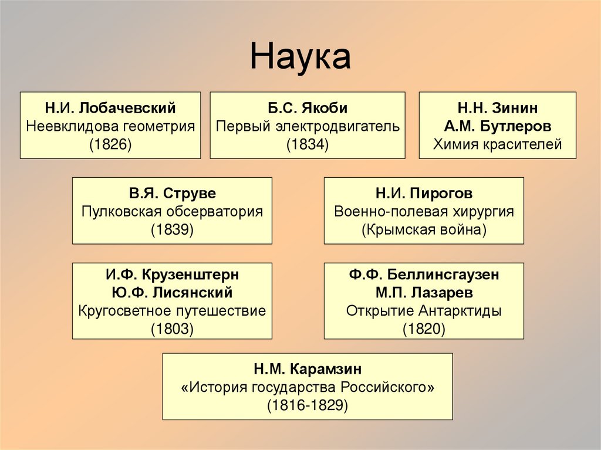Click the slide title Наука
300,57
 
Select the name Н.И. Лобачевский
110,108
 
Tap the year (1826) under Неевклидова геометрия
110,144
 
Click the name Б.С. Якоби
308,108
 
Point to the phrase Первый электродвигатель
308,126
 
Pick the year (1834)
308,144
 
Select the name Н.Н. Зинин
497,108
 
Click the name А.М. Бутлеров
497,126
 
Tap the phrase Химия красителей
497,144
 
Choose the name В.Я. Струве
172,193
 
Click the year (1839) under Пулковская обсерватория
172,229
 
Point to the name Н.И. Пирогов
424,193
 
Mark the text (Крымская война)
424,229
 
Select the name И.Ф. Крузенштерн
172,275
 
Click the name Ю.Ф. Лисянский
172,292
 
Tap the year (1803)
172,329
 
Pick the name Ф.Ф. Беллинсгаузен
424,275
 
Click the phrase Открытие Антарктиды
424,310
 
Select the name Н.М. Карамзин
308,369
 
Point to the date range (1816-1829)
308,405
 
